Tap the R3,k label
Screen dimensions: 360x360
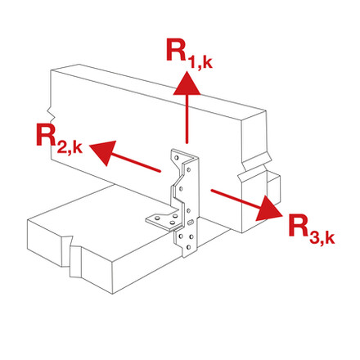pos(311,231)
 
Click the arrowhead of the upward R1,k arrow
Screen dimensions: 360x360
pos(188,80)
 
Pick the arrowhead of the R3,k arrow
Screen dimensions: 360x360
pos(267,211)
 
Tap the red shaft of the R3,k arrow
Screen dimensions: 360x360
pos(232,198)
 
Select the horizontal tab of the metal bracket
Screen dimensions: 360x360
pos(159,218)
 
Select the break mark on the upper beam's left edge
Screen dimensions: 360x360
pos(51,108)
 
